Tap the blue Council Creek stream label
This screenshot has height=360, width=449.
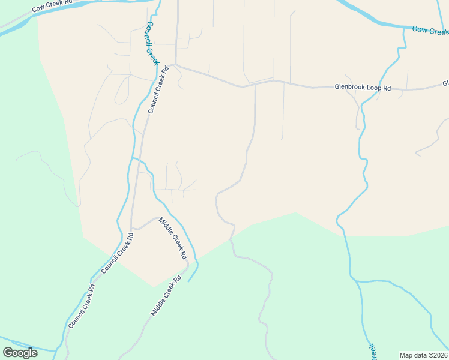(x=152, y=43)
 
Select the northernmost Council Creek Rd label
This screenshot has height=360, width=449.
(x=158, y=90)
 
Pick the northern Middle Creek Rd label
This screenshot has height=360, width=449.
(x=173, y=238)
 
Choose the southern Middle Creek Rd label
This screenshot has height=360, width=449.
(x=166, y=296)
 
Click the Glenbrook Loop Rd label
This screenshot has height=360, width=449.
(x=363, y=88)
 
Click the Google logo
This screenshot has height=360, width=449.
(x=20, y=352)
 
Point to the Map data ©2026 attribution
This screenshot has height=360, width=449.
(x=423, y=355)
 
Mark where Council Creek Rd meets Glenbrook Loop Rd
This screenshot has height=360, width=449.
(x=175, y=65)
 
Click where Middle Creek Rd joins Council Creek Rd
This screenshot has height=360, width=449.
(x=131, y=229)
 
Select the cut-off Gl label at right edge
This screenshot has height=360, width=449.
(x=445, y=83)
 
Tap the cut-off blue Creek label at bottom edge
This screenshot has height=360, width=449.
(x=372, y=350)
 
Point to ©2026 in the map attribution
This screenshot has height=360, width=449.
(x=436, y=355)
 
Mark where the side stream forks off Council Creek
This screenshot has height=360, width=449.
(x=132, y=158)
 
